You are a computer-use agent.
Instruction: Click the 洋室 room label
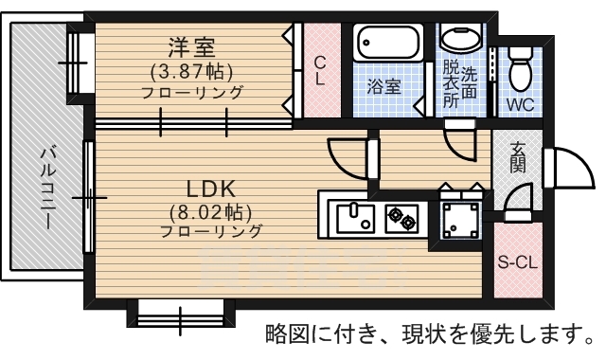coord(191,47)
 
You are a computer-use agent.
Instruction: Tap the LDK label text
coord(211,189)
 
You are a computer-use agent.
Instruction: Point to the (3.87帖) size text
coord(191,72)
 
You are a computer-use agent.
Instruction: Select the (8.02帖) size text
coord(210,212)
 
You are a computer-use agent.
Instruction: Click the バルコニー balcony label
coord(48,188)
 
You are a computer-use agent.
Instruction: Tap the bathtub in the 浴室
coord(388,43)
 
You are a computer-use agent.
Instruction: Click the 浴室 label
coord(383,86)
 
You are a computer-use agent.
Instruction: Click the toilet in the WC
coord(520,69)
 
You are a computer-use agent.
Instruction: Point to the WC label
coord(520,104)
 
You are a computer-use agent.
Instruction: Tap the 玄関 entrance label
coord(517,157)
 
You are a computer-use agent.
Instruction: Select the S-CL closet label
coord(518,263)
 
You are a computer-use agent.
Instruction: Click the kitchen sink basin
coord(356,219)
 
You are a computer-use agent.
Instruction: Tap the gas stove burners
coord(401,218)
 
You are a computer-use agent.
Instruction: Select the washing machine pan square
coord(460,221)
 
